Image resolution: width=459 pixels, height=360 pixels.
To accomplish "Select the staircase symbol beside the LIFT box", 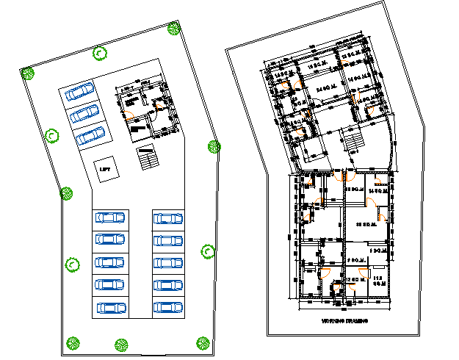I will click(148, 158).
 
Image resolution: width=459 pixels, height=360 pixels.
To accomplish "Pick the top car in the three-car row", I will click(79, 92).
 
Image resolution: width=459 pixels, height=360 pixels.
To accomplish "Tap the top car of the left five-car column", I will click(109, 218).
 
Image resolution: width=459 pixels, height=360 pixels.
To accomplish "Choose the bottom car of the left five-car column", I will click(109, 308).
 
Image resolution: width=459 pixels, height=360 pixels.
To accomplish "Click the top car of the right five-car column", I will click(168, 218).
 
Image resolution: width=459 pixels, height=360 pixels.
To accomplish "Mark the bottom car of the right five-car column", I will click(168, 308).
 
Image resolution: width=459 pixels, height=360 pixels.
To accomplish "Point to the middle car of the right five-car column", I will click(168, 263).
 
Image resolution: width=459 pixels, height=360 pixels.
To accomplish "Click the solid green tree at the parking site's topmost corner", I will click(174, 29).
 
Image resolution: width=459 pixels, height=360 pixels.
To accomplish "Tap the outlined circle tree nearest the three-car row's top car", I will click(99, 53).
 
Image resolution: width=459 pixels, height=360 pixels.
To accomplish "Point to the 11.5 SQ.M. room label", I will click(379, 278).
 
